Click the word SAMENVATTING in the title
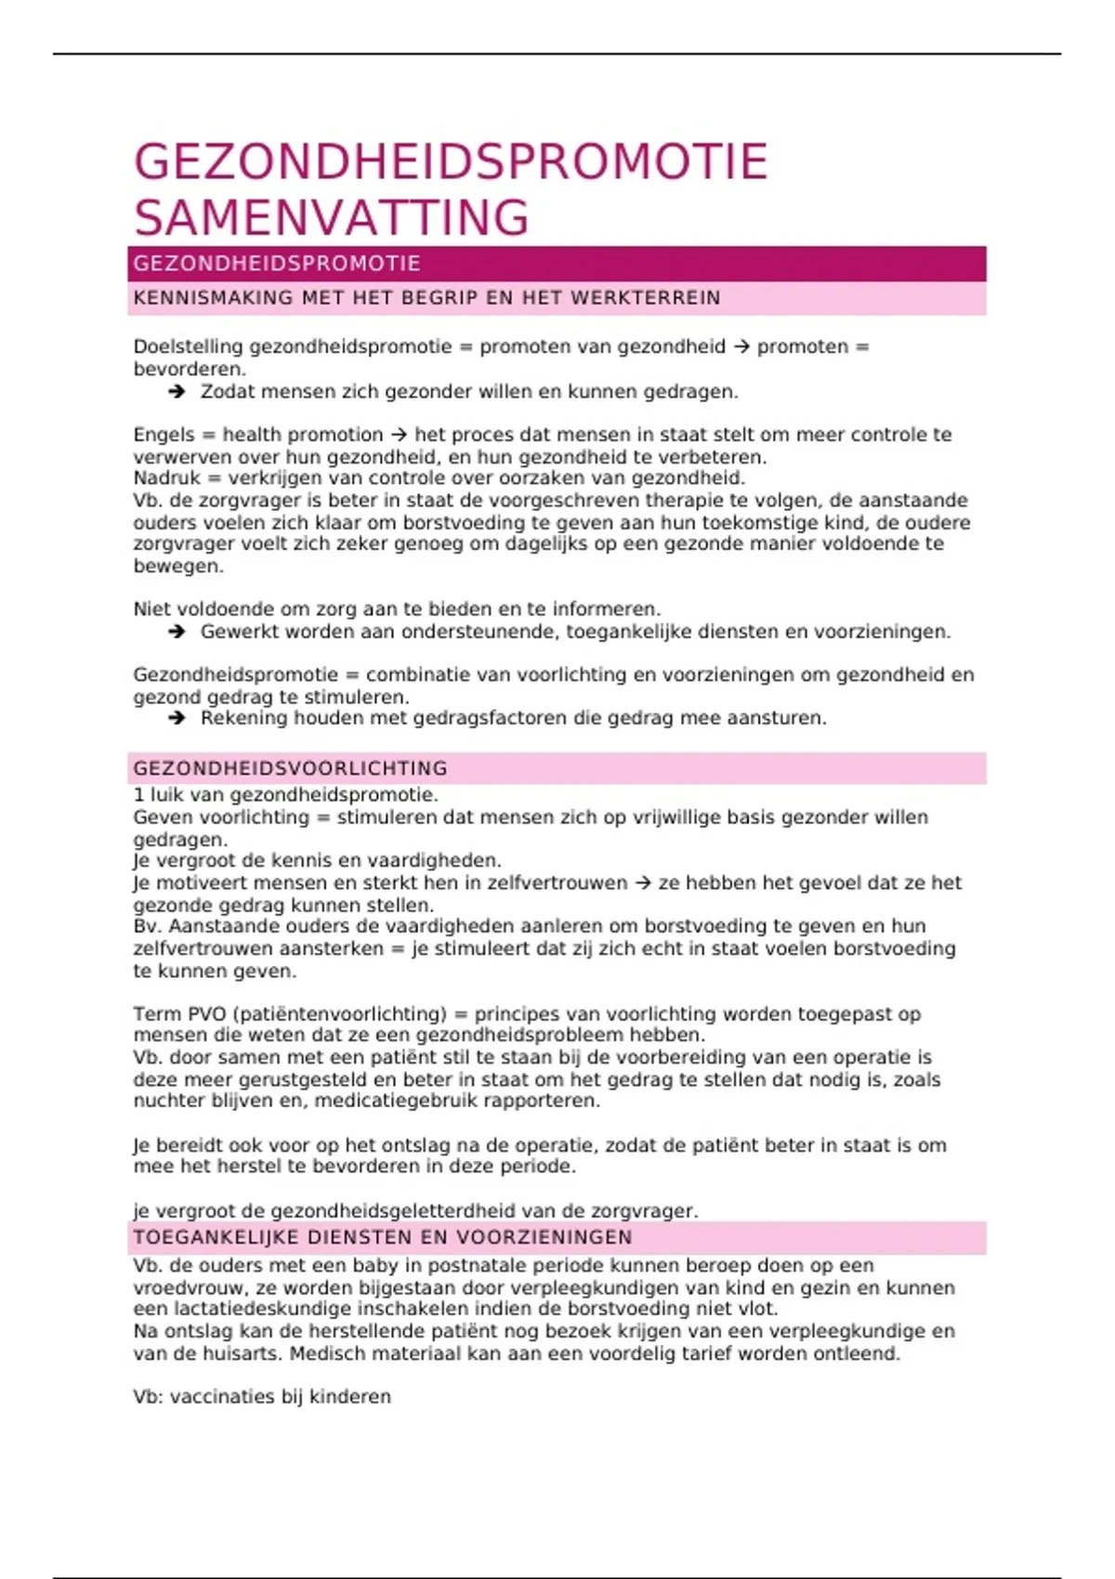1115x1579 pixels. [331, 218]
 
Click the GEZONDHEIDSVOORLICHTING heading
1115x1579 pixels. [290, 769]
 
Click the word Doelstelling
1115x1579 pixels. [188, 347]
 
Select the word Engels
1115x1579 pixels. [164, 435]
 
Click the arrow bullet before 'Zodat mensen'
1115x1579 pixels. [177, 392]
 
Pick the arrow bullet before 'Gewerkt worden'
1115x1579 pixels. [177, 633]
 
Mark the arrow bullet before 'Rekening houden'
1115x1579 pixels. [177, 719]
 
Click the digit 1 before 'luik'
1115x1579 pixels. [138, 795]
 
